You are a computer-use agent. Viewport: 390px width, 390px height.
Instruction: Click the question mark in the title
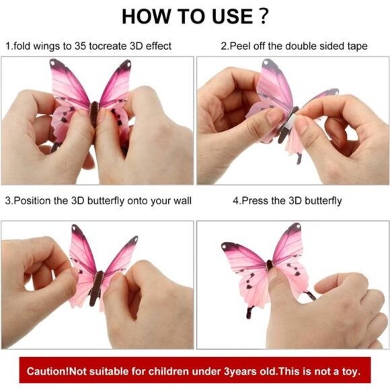click(x=264, y=16)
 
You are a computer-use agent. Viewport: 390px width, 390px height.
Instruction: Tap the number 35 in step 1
click(x=80, y=46)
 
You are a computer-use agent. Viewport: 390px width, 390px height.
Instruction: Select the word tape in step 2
click(x=357, y=46)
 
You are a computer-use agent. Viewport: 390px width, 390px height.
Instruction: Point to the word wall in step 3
click(x=183, y=201)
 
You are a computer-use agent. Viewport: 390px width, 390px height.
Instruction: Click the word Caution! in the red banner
click(x=48, y=372)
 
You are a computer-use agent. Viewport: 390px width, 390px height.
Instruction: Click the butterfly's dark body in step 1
click(x=93, y=114)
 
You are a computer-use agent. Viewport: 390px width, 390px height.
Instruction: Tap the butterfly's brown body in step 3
click(x=95, y=288)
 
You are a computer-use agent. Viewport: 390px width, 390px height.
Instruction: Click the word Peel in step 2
click(x=239, y=46)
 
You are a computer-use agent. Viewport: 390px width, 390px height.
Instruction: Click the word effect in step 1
click(x=159, y=46)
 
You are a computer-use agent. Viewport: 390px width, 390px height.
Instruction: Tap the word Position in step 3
click(x=32, y=201)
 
